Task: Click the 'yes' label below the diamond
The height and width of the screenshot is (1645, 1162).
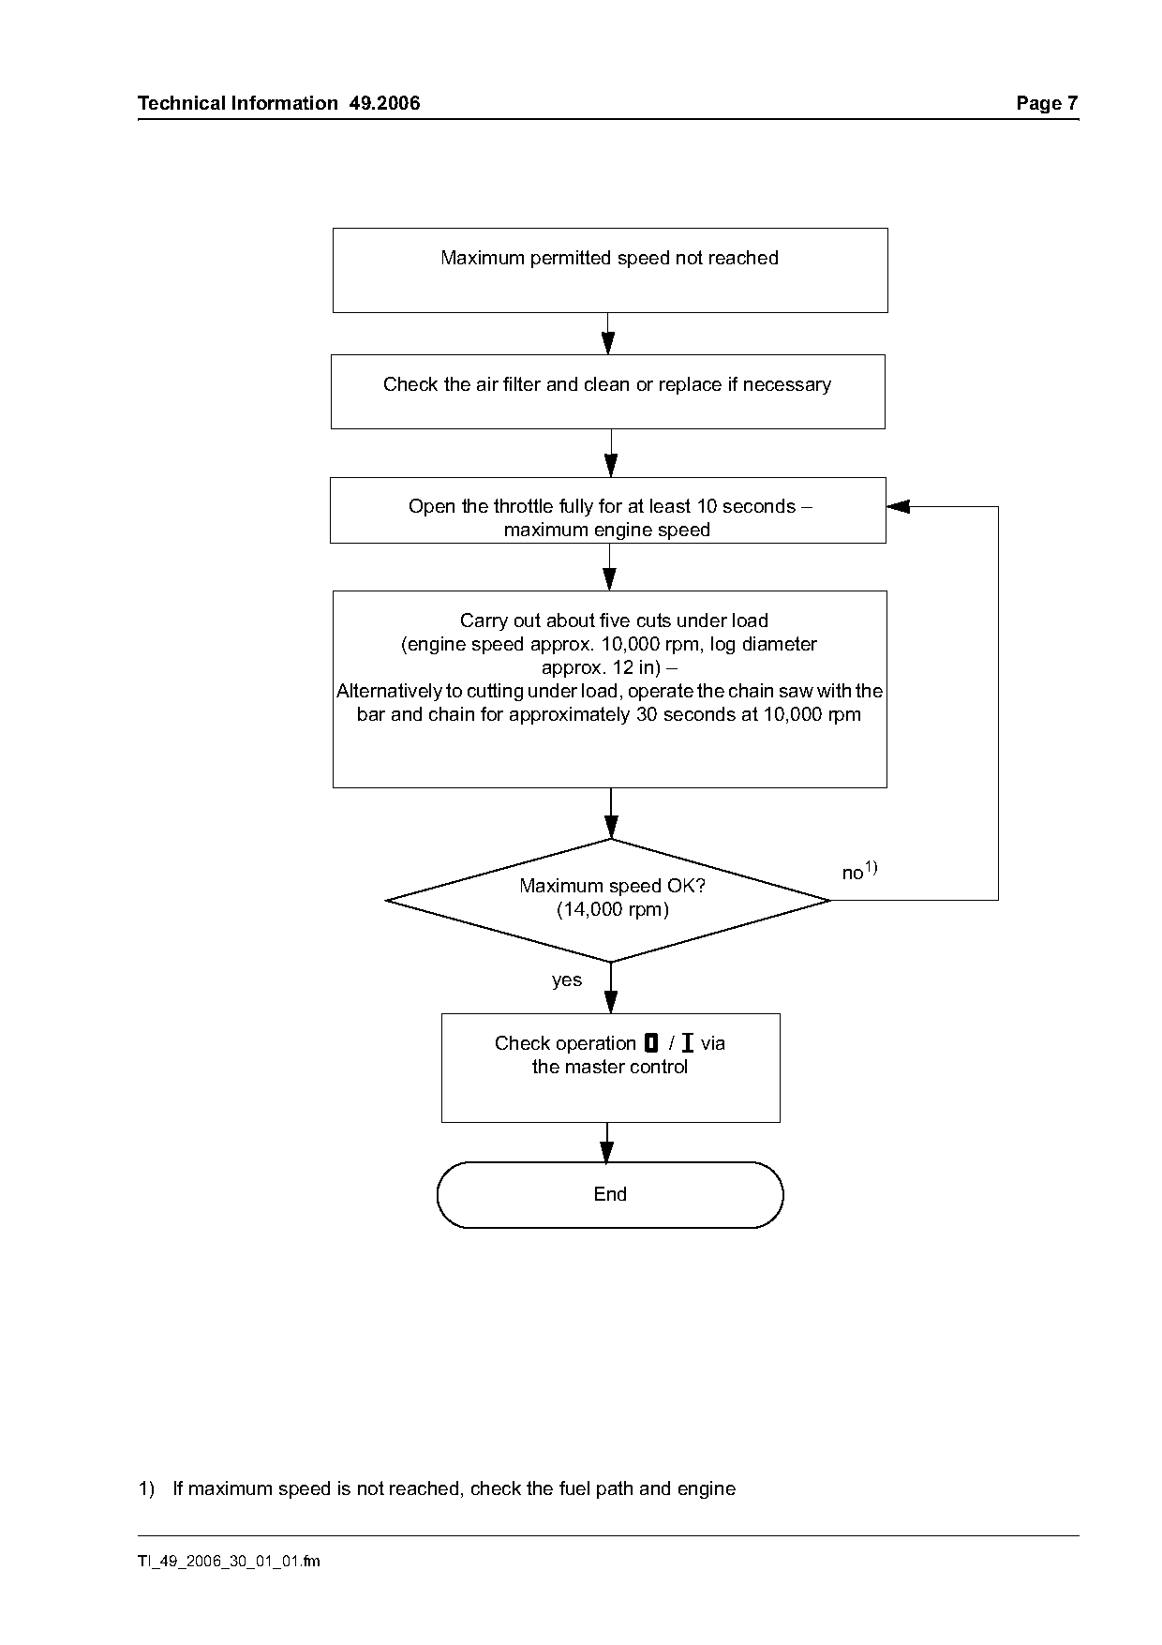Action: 567,980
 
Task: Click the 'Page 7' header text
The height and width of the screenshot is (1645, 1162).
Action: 1048,103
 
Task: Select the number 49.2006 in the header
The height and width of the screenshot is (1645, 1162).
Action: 385,103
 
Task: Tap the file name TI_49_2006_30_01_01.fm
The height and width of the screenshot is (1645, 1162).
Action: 229,1562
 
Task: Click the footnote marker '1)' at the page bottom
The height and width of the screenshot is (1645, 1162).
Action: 146,1488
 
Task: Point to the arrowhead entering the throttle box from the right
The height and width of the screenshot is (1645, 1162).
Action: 898,507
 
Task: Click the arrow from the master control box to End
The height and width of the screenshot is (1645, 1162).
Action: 608,1143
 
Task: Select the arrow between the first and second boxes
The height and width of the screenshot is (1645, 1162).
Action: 608,334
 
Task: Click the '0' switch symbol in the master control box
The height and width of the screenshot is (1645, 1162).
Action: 652,1043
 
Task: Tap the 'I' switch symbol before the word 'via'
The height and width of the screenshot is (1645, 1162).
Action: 688,1043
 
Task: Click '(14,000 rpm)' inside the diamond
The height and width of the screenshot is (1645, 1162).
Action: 613,909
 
